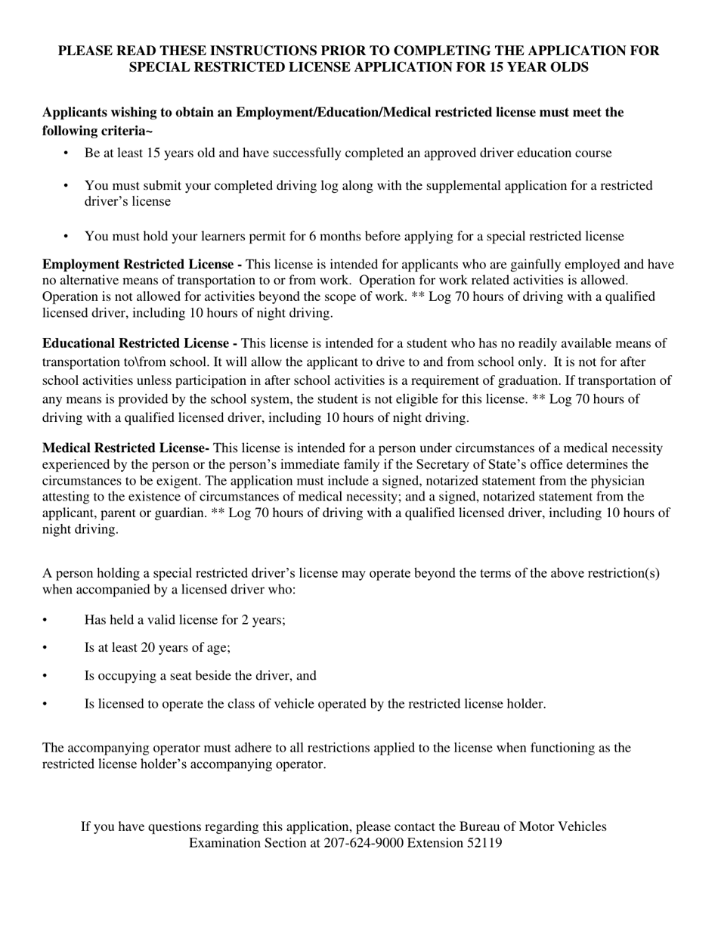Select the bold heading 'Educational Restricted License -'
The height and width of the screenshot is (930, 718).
(140, 344)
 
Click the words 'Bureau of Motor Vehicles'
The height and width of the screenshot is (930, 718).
(533, 826)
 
